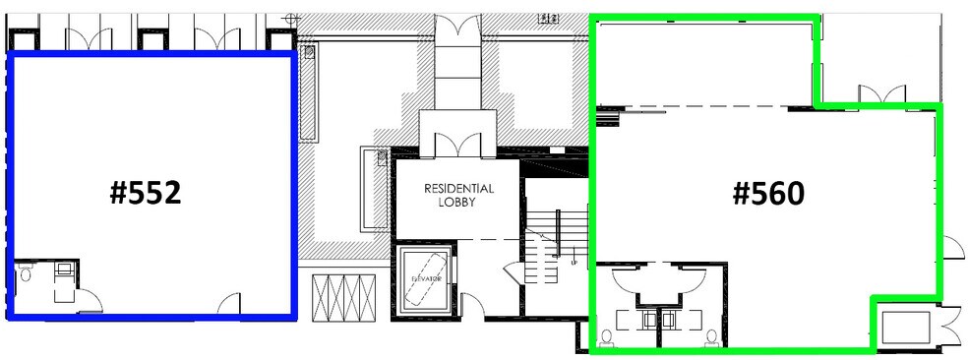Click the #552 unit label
click(x=145, y=193)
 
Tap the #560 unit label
click(x=768, y=193)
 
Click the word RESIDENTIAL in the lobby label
click(x=458, y=188)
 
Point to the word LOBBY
click(x=458, y=203)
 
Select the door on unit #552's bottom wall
click(x=228, y=302)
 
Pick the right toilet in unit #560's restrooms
click(x=712, y=337)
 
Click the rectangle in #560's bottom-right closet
click(x=905, y=328)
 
